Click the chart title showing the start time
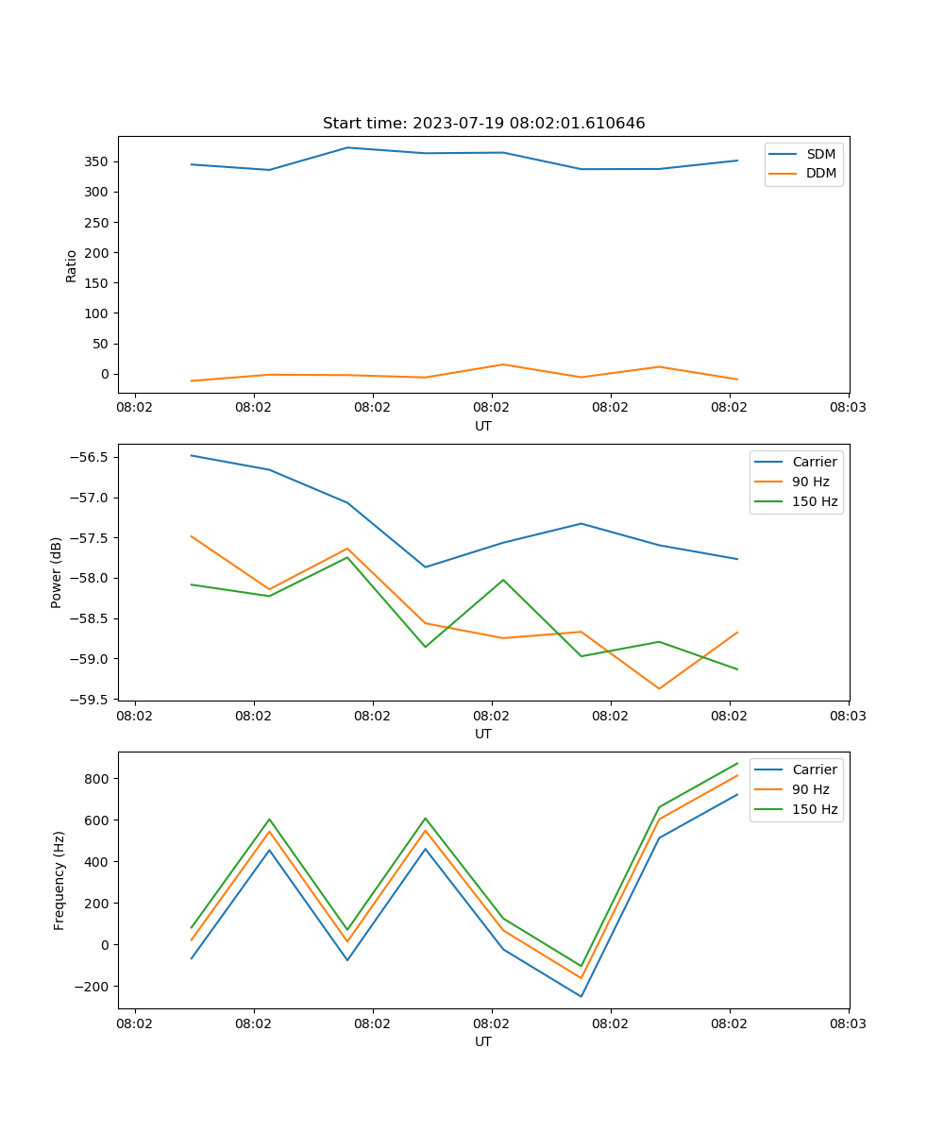pos(483,124)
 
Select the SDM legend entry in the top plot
pos(820,154)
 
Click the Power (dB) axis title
pos(57,572)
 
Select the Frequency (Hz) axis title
pos(59,880)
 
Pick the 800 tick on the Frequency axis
pos(97,779)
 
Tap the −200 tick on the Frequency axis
pos(93,987)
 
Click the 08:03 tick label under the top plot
pos(848,408)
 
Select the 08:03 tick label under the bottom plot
pos(848,1023)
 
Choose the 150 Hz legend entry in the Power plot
pos(815,501)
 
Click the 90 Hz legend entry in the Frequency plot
pos(810,789)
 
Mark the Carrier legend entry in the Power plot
pos(814,462)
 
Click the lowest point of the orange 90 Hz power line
pos(659,688)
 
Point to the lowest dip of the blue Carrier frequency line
pos(581,996)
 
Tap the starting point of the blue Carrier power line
pos(192,455)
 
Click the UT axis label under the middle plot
pos(483,734)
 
